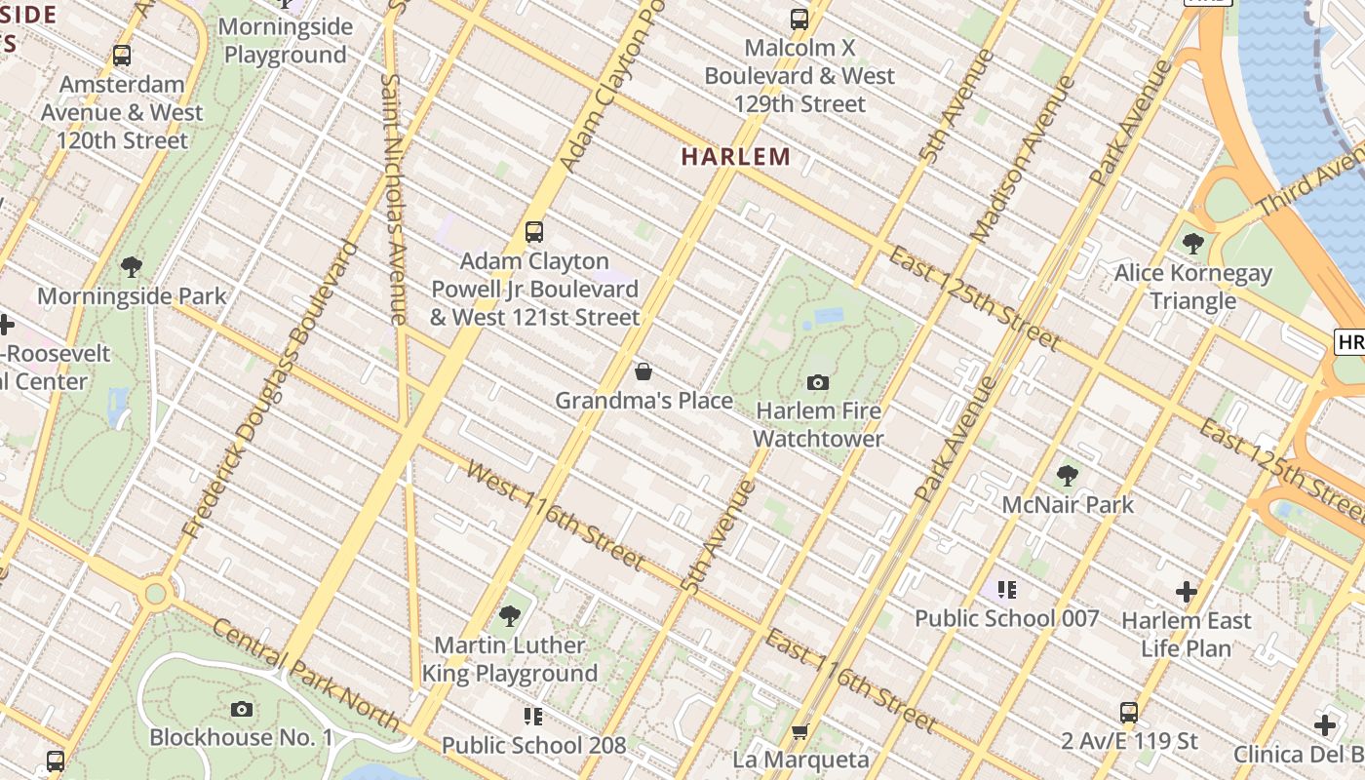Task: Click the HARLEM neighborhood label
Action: point(735,156)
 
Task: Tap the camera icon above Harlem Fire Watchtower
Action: point(818,382)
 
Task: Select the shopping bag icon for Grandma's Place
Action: point(643,371)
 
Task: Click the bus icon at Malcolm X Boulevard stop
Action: point(799,19)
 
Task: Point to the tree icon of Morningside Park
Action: point(132,266)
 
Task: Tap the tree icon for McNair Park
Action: point(1068,476)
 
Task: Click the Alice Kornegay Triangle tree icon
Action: point(1192,244)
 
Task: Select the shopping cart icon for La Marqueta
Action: point(800,730)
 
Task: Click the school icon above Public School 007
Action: point(1007,589)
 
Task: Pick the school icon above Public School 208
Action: point(532,717)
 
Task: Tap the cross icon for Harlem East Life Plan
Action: point(1186,592)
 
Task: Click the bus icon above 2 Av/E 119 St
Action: point(1129,713)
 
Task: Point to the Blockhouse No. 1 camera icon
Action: point(242,709)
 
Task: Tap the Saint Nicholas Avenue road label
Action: point(393,199)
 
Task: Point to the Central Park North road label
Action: point(305,675)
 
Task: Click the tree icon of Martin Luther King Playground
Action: point(509,616)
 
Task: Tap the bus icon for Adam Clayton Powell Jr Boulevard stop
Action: point(534,232)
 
